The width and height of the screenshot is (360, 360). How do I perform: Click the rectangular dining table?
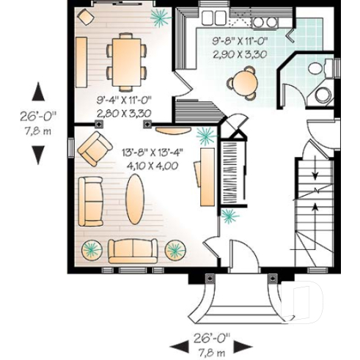[125, 59]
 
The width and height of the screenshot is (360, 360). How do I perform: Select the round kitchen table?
[243, 82]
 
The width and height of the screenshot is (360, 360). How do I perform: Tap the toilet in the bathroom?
[315, 68]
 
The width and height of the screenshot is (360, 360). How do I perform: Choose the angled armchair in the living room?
[95, 149]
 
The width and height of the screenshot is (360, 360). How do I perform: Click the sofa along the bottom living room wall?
[133, 250]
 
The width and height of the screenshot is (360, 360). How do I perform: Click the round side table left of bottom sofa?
[92, 249]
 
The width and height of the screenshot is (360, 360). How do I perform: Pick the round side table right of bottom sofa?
[174, 249]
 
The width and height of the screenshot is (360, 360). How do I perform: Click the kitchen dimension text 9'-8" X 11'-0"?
[239, 43]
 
